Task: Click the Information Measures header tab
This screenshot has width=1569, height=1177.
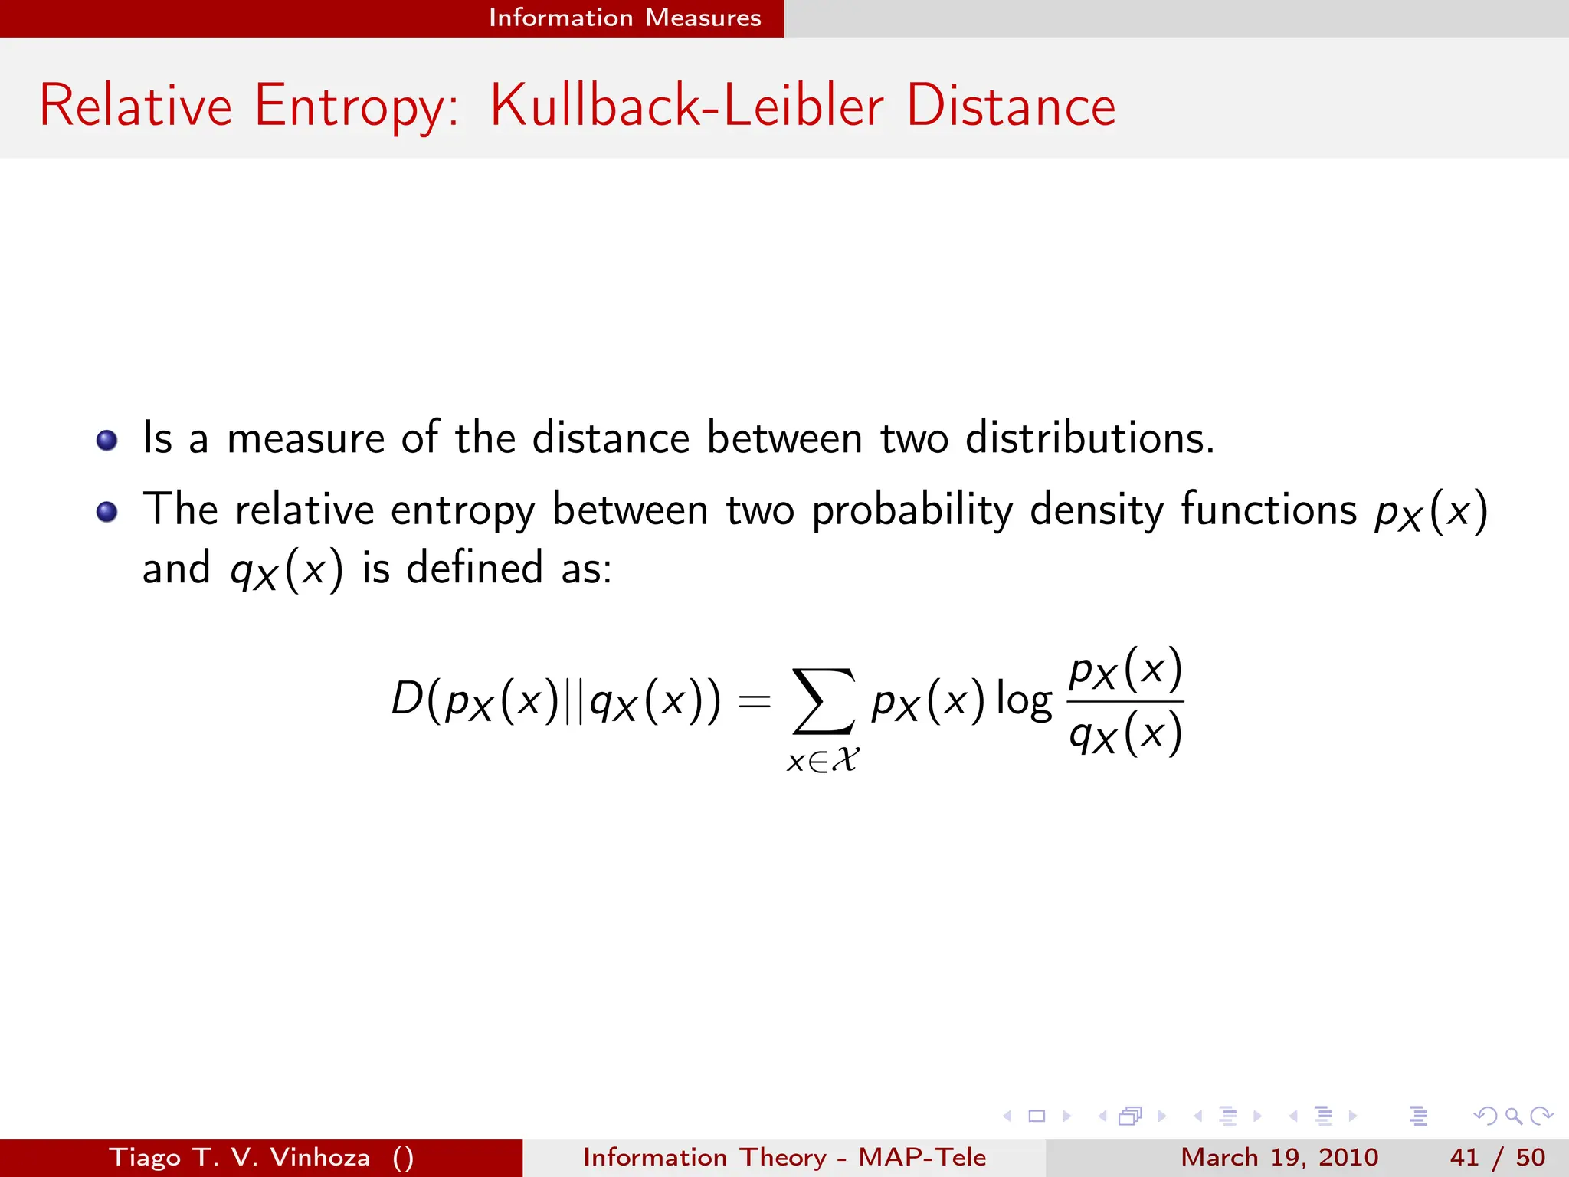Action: click(x=624, y=18)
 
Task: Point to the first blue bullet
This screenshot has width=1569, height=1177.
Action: click(x=107, y=440)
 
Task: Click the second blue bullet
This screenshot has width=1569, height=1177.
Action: click(x=107, y=511)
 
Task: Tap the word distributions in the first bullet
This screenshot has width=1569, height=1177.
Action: click(x=1089, y=438)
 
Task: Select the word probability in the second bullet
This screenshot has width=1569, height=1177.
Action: click(x=912, y=511)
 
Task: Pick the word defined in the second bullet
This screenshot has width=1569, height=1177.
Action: click(x=474, y=569)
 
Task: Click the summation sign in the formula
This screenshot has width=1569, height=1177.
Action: click(x=823, y=700)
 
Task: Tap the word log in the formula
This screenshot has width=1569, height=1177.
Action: click(x=1024, y=700)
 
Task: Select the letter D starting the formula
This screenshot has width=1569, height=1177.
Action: click(x=407, y=699)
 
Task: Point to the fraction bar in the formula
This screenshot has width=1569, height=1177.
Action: click(x=1125, y=701)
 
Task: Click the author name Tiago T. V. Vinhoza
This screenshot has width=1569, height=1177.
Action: click(x=239, y=1157)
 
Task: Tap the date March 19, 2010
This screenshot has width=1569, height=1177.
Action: click(x=1279, y=1157)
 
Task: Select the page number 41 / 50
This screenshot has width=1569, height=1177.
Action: click(x=1497, y=1157)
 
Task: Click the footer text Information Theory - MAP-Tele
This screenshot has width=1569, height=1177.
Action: click(x=784, y=1157)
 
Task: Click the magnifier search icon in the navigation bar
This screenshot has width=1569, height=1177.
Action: click(x=1513, y=1116)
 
